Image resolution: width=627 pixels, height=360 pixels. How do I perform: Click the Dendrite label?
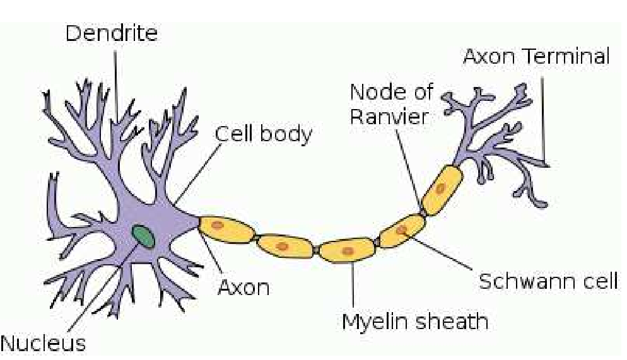[112, 33]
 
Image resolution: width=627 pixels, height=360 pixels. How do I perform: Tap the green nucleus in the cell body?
[144, 236]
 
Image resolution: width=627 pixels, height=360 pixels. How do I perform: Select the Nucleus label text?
[43, 343]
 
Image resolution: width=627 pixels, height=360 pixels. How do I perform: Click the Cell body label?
[264, 134]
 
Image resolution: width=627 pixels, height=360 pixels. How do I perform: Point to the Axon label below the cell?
[243, 287]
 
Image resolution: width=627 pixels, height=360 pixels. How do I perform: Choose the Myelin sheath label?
[415, 321]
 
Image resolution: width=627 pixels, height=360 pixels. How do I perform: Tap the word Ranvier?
[389, 117]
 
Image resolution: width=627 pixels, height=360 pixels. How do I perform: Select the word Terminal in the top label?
[568, 56]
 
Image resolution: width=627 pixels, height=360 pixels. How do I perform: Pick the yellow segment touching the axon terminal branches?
[442, 190]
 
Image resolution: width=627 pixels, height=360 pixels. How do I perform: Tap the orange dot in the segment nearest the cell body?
[217, 225]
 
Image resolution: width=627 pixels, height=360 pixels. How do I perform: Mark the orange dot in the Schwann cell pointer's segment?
[402, 229]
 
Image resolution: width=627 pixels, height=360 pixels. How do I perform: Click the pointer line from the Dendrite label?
[116, 86]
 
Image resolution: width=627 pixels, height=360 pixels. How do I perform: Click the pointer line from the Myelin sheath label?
[352, 284]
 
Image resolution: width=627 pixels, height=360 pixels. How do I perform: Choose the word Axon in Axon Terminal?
[489, 56]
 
